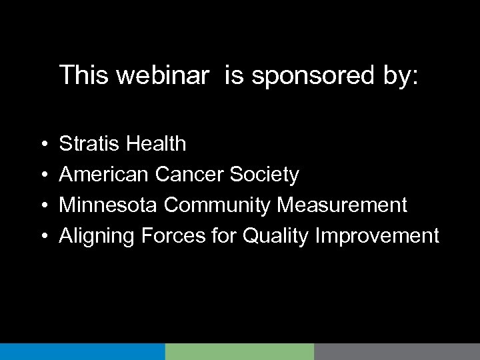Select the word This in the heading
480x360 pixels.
point(83,75)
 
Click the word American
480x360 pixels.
point(104,175)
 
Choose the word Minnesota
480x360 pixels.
point(108,205)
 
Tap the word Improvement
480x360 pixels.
point(378,237)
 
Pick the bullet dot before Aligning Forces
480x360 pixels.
point(43,237)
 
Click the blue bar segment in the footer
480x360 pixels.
point(82,351)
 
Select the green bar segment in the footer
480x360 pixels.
point(239,351)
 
